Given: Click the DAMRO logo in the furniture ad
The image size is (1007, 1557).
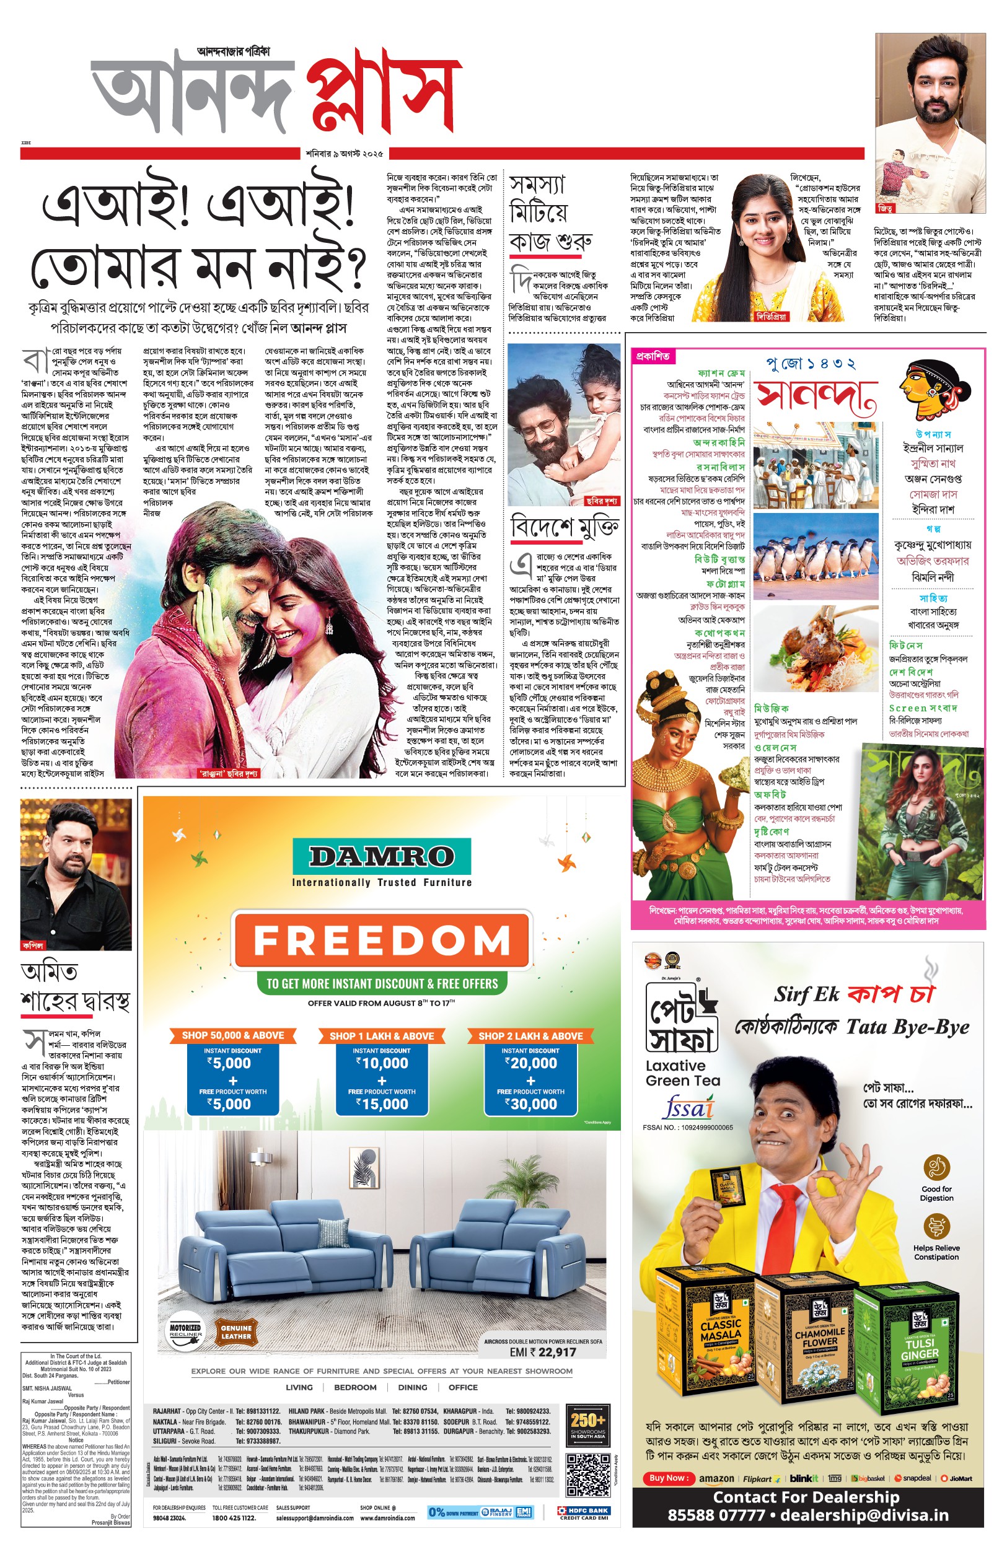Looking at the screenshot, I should click(x=381, y=856).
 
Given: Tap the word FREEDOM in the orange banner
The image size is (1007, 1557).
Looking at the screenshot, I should click(x=381, y=940).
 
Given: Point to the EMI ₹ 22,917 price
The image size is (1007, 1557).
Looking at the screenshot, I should click(x=543, y=1352).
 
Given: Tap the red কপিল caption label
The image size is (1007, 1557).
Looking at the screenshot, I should click(x=32, y=945).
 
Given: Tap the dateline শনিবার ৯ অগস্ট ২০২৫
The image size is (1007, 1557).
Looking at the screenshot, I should click(x=345, y=154).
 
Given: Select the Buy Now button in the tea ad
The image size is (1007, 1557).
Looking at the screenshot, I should click(x=667, y=1478).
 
